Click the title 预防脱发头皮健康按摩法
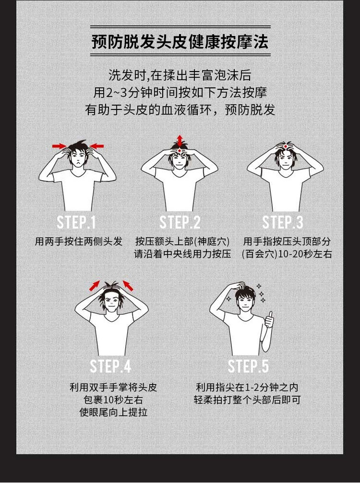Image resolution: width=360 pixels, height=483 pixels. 180,41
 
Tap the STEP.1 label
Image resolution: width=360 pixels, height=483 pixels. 76,222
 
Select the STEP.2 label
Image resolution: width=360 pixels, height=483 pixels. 180,222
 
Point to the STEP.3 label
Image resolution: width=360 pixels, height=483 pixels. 283,222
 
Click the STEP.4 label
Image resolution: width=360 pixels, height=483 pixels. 110,366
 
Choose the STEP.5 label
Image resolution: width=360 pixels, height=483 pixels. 248,366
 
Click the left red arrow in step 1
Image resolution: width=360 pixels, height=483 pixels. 59,146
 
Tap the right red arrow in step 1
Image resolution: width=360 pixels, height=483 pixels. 97,146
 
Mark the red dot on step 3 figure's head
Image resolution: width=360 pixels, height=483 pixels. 286,146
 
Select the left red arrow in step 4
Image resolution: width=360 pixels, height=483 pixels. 95,286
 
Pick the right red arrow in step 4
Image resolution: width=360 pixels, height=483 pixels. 128,286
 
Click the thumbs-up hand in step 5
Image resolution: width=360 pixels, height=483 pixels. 269,319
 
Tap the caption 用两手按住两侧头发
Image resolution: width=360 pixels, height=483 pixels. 78,241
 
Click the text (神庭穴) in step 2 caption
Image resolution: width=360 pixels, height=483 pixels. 213,241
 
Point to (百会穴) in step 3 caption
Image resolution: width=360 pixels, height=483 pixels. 260,254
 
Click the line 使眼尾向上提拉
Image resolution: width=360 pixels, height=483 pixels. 113,412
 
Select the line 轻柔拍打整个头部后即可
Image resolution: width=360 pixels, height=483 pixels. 247,400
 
